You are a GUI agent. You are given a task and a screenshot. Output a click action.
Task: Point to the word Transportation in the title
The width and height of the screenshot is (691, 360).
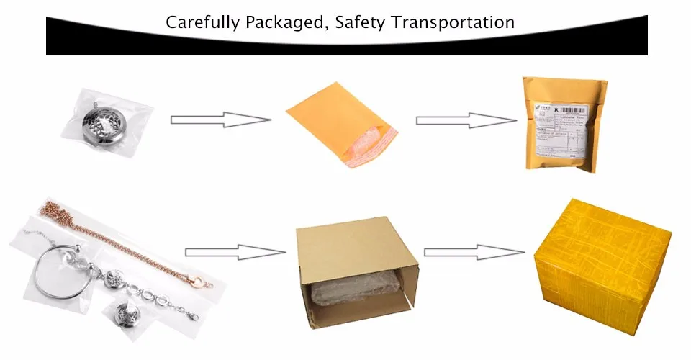453,22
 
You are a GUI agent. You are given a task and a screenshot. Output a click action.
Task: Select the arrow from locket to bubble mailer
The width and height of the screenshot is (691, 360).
220,120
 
